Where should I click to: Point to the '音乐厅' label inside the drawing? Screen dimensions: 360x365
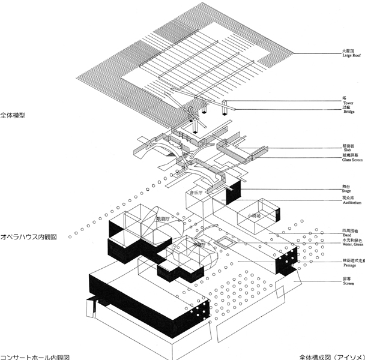(x=198, y=193)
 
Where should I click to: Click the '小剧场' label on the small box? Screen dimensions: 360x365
(x=252, y=214)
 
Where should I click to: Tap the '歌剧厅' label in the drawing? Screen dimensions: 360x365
(x=163, y=218)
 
